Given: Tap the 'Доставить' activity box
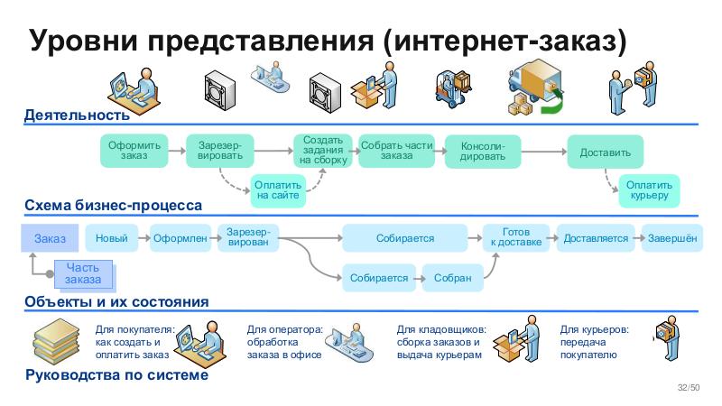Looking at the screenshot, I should point(605,152).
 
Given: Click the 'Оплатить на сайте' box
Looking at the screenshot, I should point(278,189).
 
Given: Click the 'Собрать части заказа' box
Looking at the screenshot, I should point(396,151).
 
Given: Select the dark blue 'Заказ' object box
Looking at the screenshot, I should point(50,238).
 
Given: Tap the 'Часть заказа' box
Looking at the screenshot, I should point(83,273).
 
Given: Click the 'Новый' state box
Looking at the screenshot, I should point(111,238).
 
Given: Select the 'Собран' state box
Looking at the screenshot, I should point(452,278).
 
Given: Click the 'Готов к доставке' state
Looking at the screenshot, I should point(515,238).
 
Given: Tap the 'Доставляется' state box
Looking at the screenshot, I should point(595,238).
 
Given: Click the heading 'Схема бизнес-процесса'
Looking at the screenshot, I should point(113,206).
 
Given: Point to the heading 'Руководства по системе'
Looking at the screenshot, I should point(117,374).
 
